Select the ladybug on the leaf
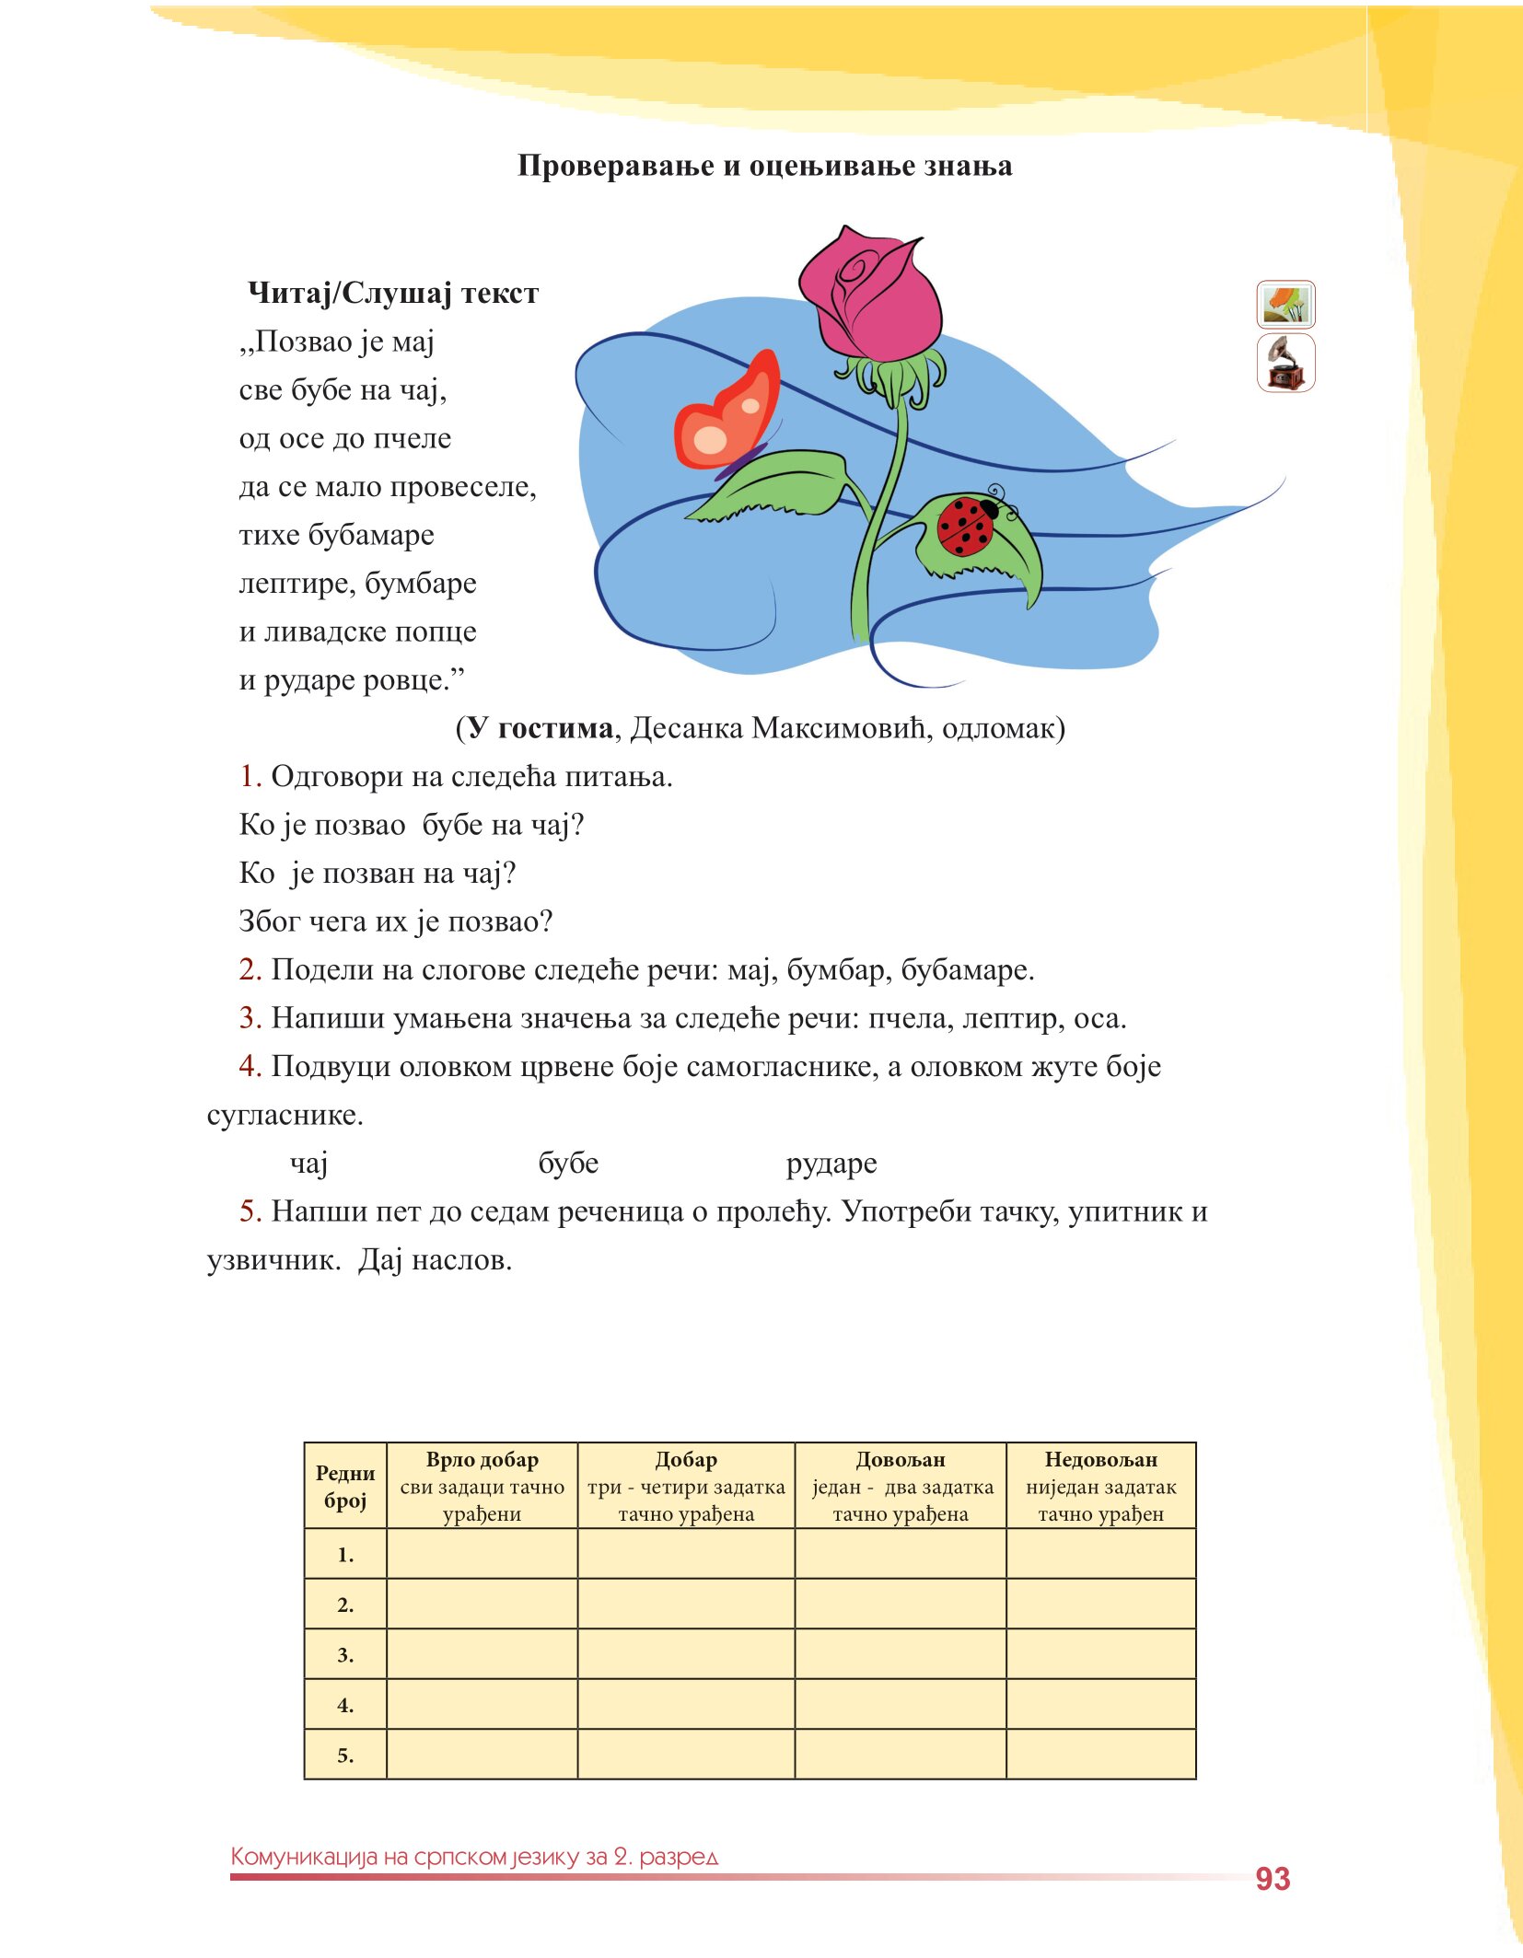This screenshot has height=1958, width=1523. (967, 525)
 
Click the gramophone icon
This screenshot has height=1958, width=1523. (1285, 364)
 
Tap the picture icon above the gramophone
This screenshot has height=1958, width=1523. (1285, 305)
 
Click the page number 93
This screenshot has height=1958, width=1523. (1273, 1879)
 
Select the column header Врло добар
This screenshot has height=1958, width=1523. (482, 1460)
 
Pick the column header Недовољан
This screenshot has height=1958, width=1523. (1100, 1460)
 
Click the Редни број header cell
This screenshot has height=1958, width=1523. (345, 1487)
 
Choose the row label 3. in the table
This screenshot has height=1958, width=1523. (345, 1655)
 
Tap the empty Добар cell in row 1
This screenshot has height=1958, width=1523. (686, 1555)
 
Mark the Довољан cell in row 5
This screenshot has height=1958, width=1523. (900, 1755)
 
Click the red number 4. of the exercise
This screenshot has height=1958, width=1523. (250, 1066)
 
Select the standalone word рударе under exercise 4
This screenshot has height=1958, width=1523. (831, 1164)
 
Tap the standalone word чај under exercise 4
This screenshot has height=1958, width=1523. (309, 1164)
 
